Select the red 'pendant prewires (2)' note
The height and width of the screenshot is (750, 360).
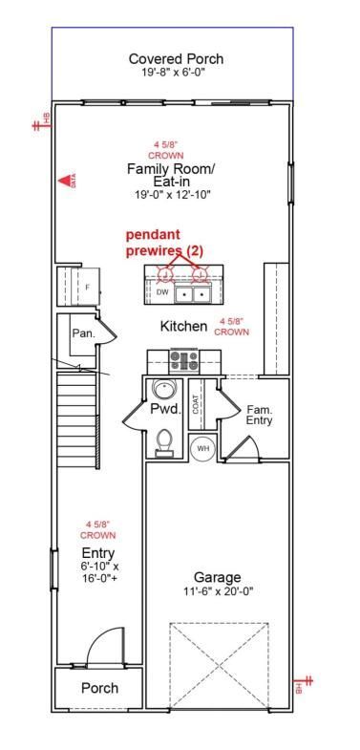point(165,242)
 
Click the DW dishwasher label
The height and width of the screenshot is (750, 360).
point(162,292)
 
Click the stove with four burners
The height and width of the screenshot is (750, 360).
point(183,360)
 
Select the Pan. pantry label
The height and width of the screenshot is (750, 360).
point(82,332)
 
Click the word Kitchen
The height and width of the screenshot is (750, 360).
point(183,326)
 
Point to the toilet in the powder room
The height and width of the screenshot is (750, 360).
point(165,440)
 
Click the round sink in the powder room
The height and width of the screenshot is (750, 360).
point(164,390)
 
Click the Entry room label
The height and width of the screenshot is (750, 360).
point(98,553)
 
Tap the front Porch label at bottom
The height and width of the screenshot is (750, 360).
point(99,688)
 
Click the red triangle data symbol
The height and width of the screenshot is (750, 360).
point(67,180)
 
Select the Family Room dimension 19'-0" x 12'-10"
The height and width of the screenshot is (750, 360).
point(172,194)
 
